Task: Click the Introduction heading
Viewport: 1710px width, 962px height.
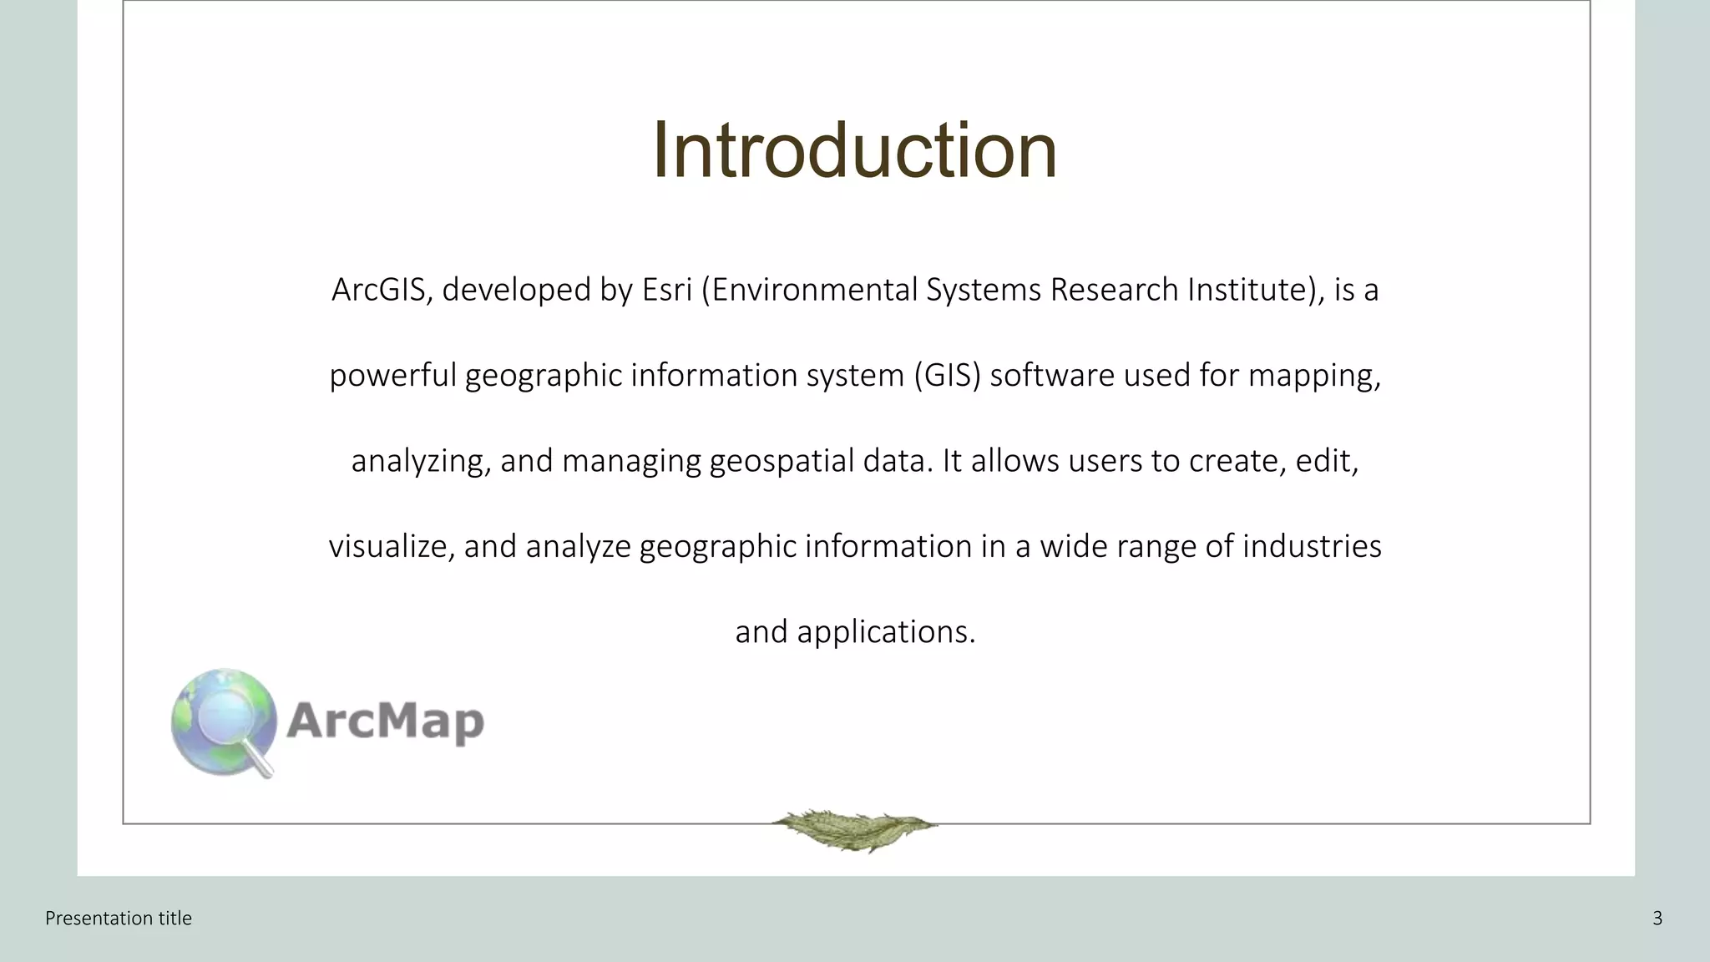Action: coord(854,150)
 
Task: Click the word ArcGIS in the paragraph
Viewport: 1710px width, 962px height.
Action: coord(380,290)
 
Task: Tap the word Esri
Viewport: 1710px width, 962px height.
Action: coord(666,290)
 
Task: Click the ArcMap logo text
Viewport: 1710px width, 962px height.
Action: coord(385,721)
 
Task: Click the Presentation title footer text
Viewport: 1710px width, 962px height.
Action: coord(119,919)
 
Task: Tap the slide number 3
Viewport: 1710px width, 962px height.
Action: coord(1657,919)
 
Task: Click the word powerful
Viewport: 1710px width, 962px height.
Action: coord(392,376)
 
